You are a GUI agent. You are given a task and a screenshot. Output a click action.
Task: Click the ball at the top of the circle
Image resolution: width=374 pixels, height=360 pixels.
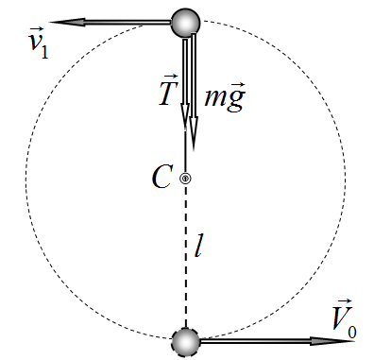[186, 23]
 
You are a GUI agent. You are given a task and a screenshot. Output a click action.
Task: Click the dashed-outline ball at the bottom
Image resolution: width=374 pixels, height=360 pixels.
[186, 342]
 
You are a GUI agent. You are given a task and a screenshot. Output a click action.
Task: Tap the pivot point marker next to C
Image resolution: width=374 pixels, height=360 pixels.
[185, 179]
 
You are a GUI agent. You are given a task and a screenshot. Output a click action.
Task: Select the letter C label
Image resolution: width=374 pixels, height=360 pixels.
[162, 177]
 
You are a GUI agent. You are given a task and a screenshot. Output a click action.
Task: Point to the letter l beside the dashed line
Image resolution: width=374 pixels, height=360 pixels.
[197, 246]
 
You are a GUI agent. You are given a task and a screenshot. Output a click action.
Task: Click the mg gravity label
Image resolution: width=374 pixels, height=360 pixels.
[225, 95]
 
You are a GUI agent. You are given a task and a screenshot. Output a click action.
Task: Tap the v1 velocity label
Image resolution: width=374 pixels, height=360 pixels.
[38, 43]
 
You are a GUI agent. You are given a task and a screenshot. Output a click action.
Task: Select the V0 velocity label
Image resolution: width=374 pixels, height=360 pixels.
[344, 318]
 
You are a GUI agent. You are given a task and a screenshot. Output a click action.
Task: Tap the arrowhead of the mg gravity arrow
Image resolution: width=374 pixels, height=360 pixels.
[194, 133]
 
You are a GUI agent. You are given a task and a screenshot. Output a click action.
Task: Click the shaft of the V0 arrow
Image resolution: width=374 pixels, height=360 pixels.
[255, 341]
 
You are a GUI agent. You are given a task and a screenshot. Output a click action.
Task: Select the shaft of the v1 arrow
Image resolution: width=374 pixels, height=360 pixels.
[128, 23]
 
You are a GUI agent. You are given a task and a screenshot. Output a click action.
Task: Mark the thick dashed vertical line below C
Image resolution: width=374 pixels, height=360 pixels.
[186, 256]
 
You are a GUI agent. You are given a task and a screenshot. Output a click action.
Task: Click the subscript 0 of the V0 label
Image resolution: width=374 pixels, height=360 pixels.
[352, 333]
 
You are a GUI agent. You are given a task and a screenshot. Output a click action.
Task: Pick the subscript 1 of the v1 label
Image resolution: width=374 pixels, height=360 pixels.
[44, 52]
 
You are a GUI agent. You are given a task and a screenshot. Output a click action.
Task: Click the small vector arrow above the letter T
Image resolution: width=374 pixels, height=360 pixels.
[170, 77]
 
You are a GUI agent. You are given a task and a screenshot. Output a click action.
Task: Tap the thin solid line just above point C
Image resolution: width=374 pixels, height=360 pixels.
[185, 151]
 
